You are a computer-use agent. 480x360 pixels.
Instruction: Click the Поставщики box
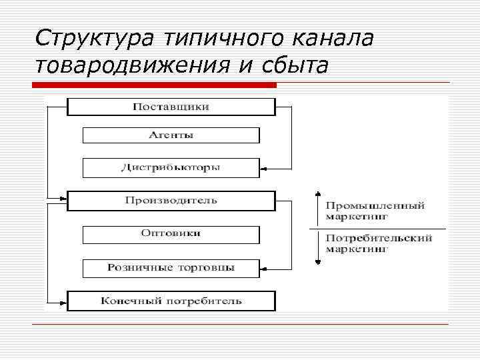[171, 107]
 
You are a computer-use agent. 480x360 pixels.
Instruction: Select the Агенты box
[171, 135]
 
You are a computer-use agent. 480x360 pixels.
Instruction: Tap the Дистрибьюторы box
[171, 167]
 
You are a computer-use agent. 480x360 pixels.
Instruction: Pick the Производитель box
[171, 201]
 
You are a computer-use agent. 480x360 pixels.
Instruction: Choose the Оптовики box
[171, 234]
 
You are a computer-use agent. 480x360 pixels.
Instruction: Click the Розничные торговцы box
[171, 268]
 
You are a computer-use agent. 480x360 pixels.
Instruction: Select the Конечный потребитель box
[171, 301]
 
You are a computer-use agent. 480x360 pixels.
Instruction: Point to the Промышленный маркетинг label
[375, 211]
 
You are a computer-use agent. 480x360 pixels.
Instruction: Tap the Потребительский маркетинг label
[379, 243]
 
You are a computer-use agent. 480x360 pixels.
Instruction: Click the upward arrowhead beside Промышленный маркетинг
[317, 195]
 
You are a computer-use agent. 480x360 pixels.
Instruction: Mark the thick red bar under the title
[154, 85]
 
